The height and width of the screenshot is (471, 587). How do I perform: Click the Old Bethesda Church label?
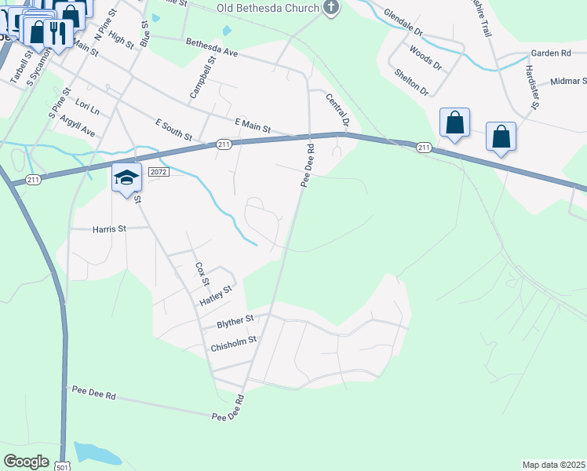pyautogui.click(x=268, y=9)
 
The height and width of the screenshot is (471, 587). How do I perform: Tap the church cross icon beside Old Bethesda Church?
pyautogui.click(x=331, y=9)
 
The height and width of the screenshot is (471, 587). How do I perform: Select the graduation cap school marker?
pyautogui.click(x=126, y=178)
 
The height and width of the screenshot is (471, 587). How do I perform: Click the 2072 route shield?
pyautogui.click(x=159, y=171)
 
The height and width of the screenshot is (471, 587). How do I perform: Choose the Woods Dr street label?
pyautogui.click(x=424, y=57)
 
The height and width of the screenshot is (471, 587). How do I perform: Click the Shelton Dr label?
pyautogui.click(x=411, y=81)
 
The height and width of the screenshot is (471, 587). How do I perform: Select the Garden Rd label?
pyautogui.click(x=549, y=53)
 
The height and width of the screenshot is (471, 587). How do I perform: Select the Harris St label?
pyautogui.click(x=109, y=229)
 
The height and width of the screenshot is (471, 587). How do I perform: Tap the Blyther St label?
pyautogui.click(x=235, y=320)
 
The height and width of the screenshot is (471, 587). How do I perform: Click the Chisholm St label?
pyautogui.click(x=234, y=342)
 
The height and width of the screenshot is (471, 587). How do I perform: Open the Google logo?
pyautogui.click(x=26, y=461)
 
